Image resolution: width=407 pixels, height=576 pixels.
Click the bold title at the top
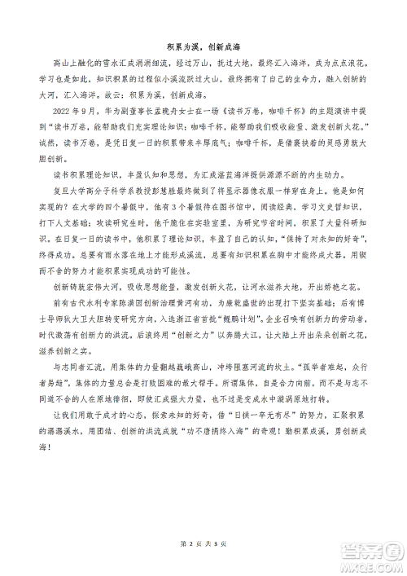click(x=203, y=46)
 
